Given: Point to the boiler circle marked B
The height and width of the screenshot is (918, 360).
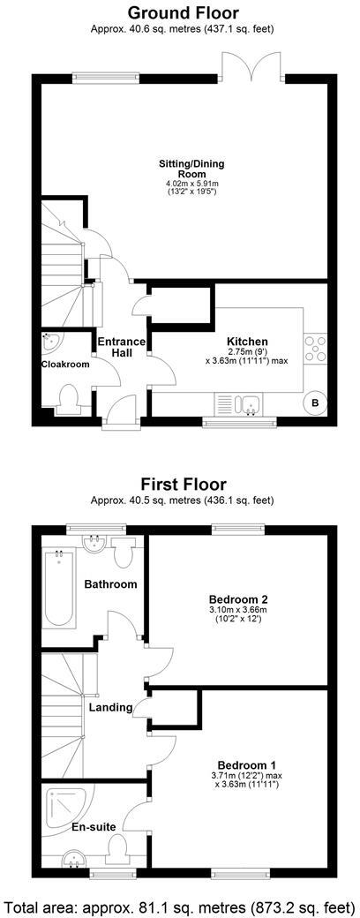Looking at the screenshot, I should (x=315, y=403).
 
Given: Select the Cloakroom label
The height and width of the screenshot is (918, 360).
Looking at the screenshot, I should (x=65, y=363).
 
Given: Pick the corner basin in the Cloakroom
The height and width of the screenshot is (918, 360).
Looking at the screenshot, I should (x=51, y=341).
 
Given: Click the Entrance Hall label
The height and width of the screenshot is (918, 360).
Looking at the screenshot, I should (x=115, y=347).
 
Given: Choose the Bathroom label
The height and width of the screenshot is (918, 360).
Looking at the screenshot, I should (x=110, y=584).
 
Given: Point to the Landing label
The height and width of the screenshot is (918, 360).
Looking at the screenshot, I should (x=110, y=707).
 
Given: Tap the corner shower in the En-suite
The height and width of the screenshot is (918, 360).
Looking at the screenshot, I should (x=64, y=804).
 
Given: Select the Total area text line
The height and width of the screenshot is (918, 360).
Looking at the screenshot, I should (x=180, y=905).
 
